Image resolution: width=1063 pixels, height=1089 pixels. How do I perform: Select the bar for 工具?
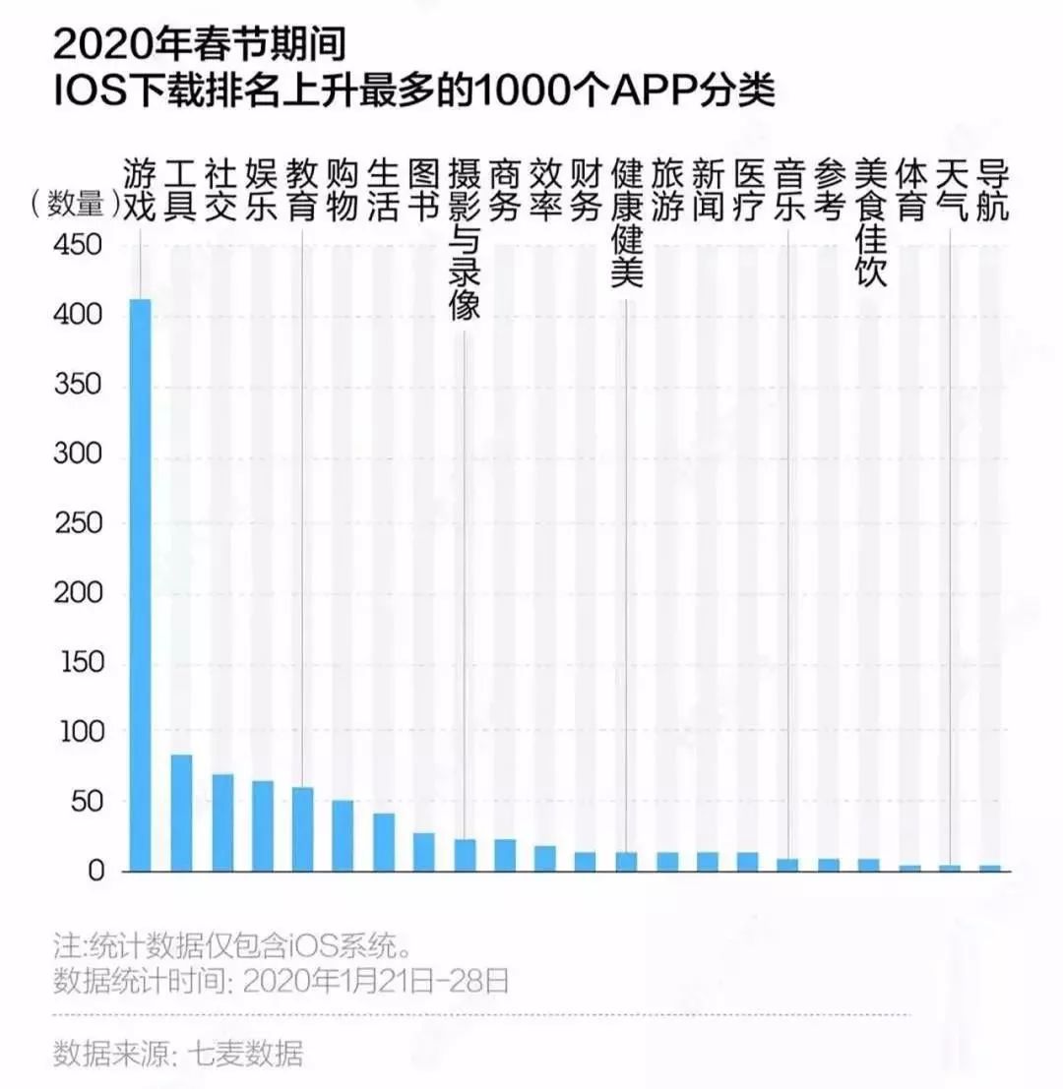(181, 813)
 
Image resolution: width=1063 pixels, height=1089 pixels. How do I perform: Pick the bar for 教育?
(303, 829)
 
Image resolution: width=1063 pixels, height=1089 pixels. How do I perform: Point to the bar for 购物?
(343, 835)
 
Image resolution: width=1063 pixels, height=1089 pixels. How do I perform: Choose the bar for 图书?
(423, 852)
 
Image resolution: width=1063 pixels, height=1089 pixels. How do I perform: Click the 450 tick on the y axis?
(75, 245)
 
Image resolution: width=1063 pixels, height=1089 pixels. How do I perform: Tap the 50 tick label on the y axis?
(83, 801)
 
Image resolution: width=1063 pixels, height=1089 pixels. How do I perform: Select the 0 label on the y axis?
(95, 871)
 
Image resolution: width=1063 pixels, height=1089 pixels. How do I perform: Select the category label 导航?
(991, 191)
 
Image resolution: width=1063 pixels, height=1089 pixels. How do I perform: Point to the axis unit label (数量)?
(72, 204)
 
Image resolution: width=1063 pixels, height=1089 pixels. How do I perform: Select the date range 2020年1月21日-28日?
(375, 981)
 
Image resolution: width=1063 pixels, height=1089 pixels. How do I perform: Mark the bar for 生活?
(383, 842)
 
